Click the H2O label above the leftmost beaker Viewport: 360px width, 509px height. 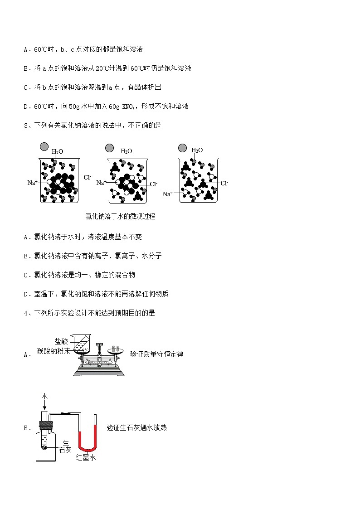click(57, 151)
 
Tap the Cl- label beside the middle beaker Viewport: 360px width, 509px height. click(154, 184)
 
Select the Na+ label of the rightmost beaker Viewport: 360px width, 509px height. click(167, 194)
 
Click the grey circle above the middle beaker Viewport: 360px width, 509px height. click(109, 148)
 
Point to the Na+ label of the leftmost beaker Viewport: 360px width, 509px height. click(32, 183)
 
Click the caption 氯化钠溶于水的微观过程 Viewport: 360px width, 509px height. click(120, 217)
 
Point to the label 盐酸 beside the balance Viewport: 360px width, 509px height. click(61, 342)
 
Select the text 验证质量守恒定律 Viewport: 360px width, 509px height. click(156, 354)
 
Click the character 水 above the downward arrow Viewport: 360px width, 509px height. click(44, 396)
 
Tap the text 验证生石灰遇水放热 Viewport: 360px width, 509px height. click(136, 427)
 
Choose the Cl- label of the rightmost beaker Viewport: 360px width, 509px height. click(224, 183)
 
